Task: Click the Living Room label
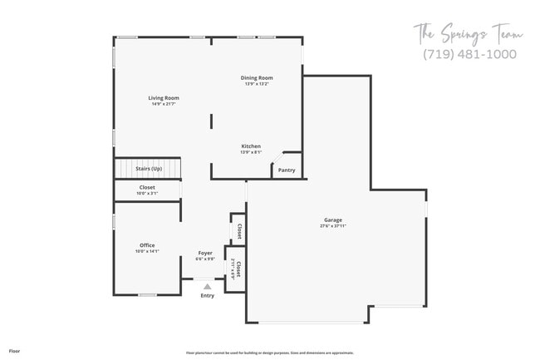point(164,97)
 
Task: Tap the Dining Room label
point(257,78)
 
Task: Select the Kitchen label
point(251,146)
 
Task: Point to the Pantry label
point(286,170)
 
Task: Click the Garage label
point(332,220)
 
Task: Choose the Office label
point(147,245)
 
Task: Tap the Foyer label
point(205,253)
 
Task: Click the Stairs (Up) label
point(148,169)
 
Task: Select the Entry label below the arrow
point(207,295)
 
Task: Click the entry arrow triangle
point(207,286)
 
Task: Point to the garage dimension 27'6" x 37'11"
point(332,226)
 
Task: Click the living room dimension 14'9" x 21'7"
point(164,103)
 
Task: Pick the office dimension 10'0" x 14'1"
point(147,251)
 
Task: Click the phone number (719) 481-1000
point(469,54)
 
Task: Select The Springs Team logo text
point(469,34)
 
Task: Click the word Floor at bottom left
point(14,351)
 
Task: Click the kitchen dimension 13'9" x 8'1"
point(251,152)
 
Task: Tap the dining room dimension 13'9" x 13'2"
point(257,84)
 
